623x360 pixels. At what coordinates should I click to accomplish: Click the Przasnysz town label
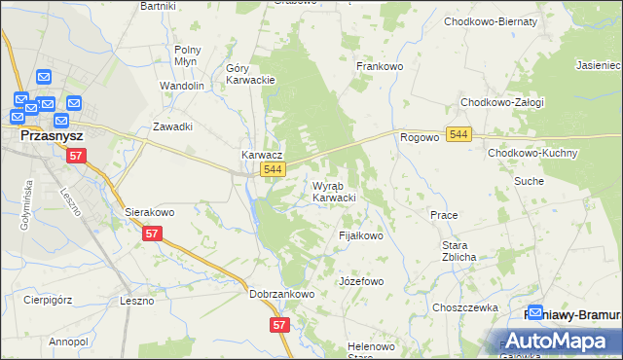pyautogui.click(x=49, y=137)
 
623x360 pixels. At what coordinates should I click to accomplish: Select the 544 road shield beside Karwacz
pyautogui.click(x=275, y=170)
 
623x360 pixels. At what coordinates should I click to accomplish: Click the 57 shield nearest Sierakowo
pyautogui.click(x=151, y=234)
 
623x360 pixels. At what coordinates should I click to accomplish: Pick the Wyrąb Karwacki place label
pyautogui.click(x=333, y=192)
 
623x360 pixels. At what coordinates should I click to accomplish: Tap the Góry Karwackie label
pyautogui.click(x=250, y=74)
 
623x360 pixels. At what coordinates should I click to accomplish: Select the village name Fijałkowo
pyautogui.click(x=360, y=235)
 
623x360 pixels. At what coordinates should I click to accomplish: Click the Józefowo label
pyautogui.click(x=361, y=281)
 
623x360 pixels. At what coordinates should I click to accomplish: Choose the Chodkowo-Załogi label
pyautogui.click(x=502, y=102)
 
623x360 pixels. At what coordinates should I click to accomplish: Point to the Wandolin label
pyautogui.click(x=182, y=86)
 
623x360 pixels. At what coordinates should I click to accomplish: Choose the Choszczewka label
pyautogui.click(x=465, y=306)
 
